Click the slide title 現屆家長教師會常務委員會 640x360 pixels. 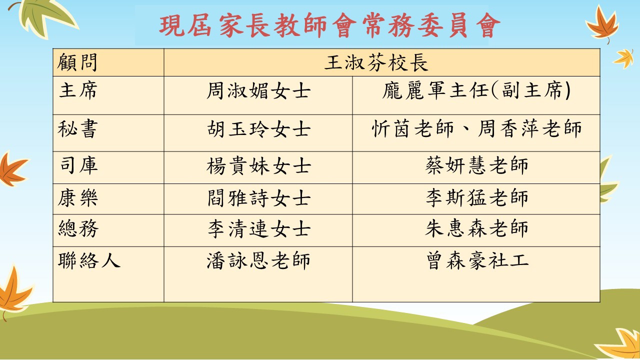pos(329,25)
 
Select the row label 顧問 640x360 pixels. pos(77,62)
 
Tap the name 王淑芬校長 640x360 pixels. pos(376,62)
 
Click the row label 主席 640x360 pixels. pos(78,90)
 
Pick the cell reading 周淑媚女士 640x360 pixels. pos(258,90)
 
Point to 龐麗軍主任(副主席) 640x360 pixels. pos(476,90)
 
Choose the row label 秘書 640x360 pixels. pos(77,129)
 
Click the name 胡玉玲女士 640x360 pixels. pos(258,129)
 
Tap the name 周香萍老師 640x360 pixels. pos(529,128)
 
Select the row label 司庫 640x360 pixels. pos(78,165)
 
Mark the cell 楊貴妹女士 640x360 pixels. pos(258,165)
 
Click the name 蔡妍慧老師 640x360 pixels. pos(476,165)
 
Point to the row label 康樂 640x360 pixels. pos(77,197)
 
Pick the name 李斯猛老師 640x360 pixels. pos(476,197)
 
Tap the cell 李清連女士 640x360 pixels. pos(259,229)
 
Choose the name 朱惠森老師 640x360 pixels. pos(476,228)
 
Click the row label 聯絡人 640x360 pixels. pos(89,260)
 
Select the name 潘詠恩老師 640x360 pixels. pos(258,260)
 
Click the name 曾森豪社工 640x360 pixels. pos(477,260)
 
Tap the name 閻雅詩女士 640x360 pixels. pos(259,197)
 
